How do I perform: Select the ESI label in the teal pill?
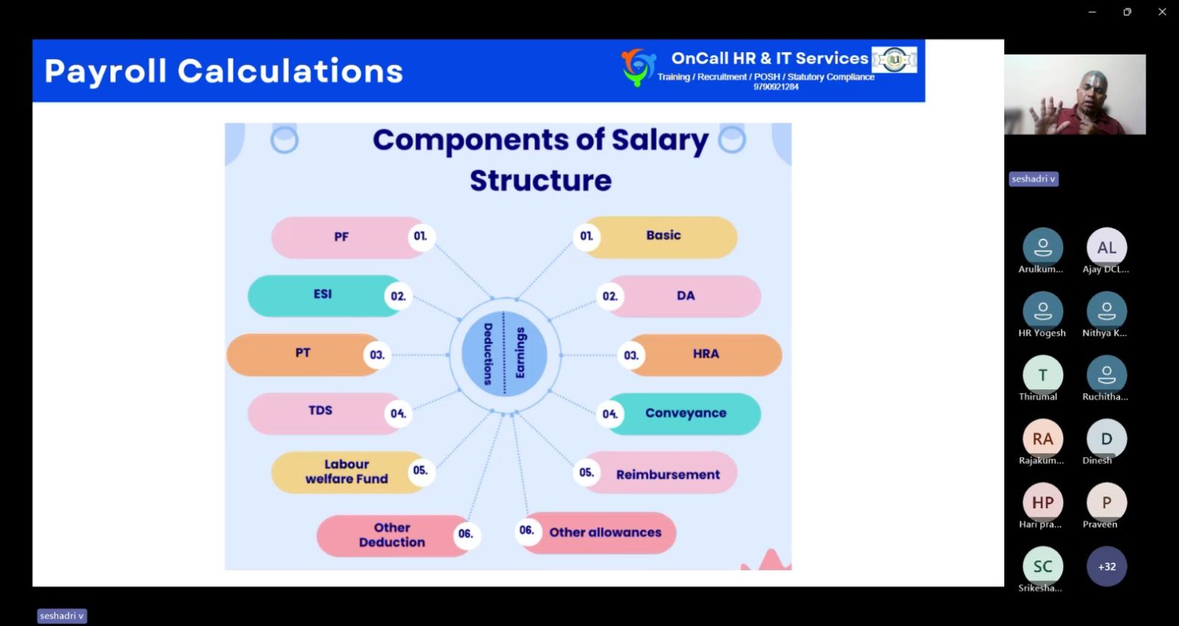(x=322, y=294)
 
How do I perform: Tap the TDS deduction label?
(x=320, y=410)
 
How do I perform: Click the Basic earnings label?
(x=663, y=235)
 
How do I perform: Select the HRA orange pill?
(x=700, y=354)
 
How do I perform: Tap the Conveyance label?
(x=685, y=413)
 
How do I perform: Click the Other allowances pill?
(x=595, y=532)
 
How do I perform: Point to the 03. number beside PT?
(x=377, y=355)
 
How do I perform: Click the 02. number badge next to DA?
(x=610, y=296)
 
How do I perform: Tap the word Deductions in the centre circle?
(x=488, y=354)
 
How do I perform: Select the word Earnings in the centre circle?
(x=520, y=353)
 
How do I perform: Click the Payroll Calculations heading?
(x=224, y=71)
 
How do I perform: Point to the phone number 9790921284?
(x=776, y=87)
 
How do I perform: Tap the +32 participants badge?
(x=1107, y=566)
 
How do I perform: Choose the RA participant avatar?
(x=1042, y=439)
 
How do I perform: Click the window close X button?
(x=1162, y=12)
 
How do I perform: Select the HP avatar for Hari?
(x=1042, y=502)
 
